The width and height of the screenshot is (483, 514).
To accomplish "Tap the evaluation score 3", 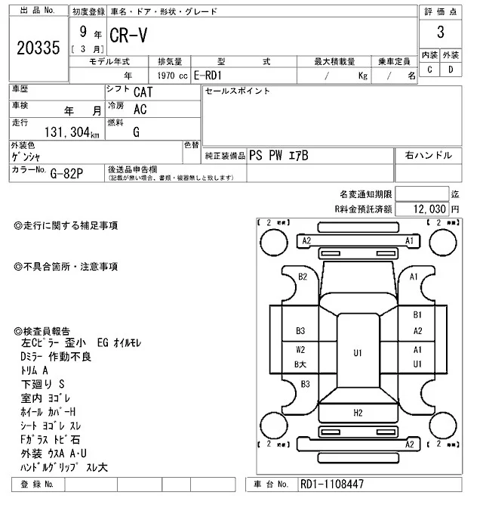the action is pyautogui.click(x=439, y=33).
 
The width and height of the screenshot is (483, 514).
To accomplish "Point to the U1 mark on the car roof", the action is pyautogui.click(x=358, y=352).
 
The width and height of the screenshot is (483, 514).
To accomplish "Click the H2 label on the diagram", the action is pyautogui.click(x=358, y=412).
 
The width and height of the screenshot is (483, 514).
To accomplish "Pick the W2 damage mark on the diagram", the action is pyautogui.click(x=300, y=350).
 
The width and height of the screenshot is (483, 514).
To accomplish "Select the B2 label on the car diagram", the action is pyautogui.click(x=303, y=277).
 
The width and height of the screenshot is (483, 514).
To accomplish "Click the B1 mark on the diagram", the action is pyautogui.click(x=417, y=314).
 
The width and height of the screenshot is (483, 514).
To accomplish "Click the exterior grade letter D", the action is pyautogui.click(x=451, y=70).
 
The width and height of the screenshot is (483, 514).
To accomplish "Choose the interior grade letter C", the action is pyautogui.click(x=429, y=70).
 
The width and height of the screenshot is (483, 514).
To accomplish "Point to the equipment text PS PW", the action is pyautogui.click(x=268, y=156).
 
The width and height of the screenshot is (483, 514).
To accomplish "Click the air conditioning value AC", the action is pyautogui.click(x=140, y=109).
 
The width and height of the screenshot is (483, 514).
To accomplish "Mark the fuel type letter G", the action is pyautogui.click(x=136, y=132).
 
